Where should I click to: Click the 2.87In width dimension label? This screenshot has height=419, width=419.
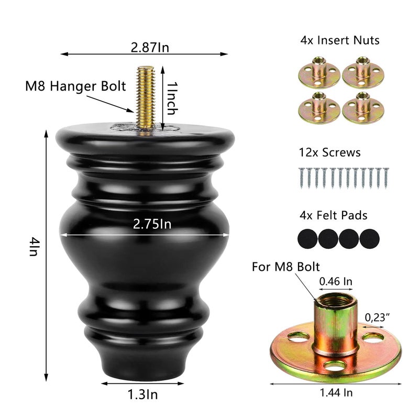point(150,48)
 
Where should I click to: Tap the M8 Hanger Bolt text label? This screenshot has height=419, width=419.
point(75,86)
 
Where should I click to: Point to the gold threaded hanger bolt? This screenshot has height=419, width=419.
point(146,100)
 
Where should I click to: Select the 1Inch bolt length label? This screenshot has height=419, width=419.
point(172,98)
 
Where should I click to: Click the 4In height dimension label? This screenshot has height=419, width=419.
point(34,247)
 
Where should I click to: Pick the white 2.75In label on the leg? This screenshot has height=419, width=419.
point(152,224)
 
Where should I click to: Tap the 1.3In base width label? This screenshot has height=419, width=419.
point(142,394)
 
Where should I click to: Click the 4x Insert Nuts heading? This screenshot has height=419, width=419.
point(339,40)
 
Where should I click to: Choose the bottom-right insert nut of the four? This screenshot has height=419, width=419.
point(363,108)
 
